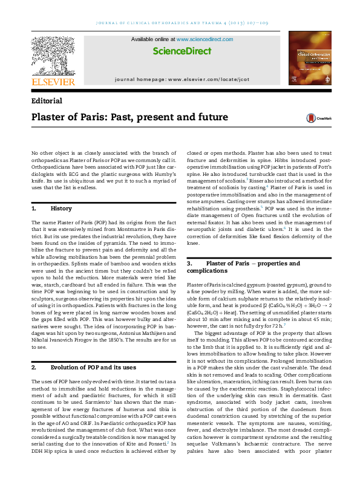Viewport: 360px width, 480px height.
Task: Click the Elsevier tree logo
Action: point(53,55)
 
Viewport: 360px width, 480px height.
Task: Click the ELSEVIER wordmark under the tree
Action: point(53,82)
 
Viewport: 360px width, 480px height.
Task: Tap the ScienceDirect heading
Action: point(180,51)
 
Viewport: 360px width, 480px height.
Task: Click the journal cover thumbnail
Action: point(309,59)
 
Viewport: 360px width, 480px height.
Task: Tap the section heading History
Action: point(61,209)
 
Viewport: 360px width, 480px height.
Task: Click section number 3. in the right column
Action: point(190,264)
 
